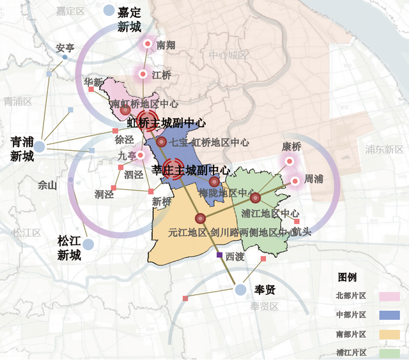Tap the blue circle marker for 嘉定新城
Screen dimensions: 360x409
click(x=109, y=11)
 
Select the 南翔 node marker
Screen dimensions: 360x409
click(x=148, y=44)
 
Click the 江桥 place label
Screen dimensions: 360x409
click(x=162, y=75)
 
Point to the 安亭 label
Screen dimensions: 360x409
click(x=65, y=48)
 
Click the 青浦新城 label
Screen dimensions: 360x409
click(x=22, y=148)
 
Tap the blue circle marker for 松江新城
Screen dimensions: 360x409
click(x=88, y=244)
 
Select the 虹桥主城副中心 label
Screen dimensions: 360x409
click(x=166, y=123)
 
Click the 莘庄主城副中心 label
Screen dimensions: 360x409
click(x=191, y=171)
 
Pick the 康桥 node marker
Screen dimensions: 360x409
click(x=289, y=162)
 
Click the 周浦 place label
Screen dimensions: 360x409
click(x=313, y=180)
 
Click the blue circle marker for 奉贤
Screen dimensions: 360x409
click(x=240, y=290)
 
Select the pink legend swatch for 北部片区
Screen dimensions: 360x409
click(x=389, y=296)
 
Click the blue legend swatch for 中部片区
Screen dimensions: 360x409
click(x=389, y=315)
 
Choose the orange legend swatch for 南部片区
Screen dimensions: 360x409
click(x=389, y=334)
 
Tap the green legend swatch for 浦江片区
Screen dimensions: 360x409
click(x=389, y=352)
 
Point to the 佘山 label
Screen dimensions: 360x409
click(x=47, y=185)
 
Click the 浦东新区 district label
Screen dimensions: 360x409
click(x=383, y=149)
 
